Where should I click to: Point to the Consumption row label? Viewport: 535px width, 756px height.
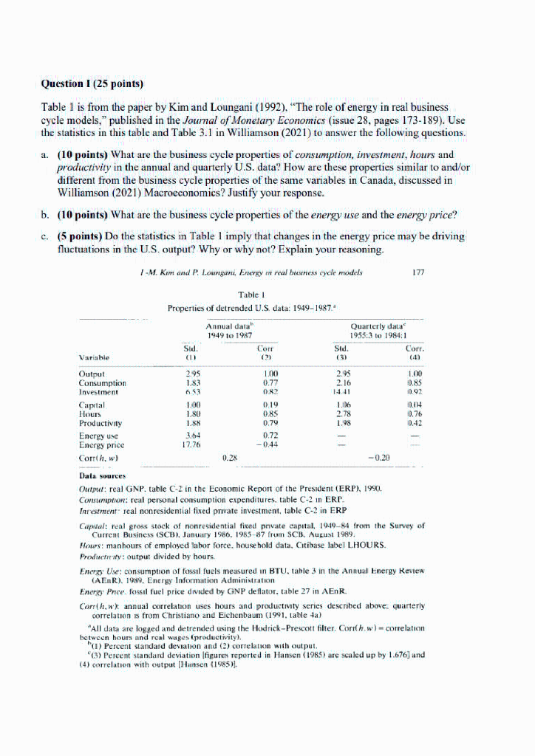(x=102, y=383)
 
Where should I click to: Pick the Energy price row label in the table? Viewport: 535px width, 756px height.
(x=102, y=445)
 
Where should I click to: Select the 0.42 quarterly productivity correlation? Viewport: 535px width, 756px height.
(x=418, y=424)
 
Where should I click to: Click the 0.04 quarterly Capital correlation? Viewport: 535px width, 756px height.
(x=418, y=405)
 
